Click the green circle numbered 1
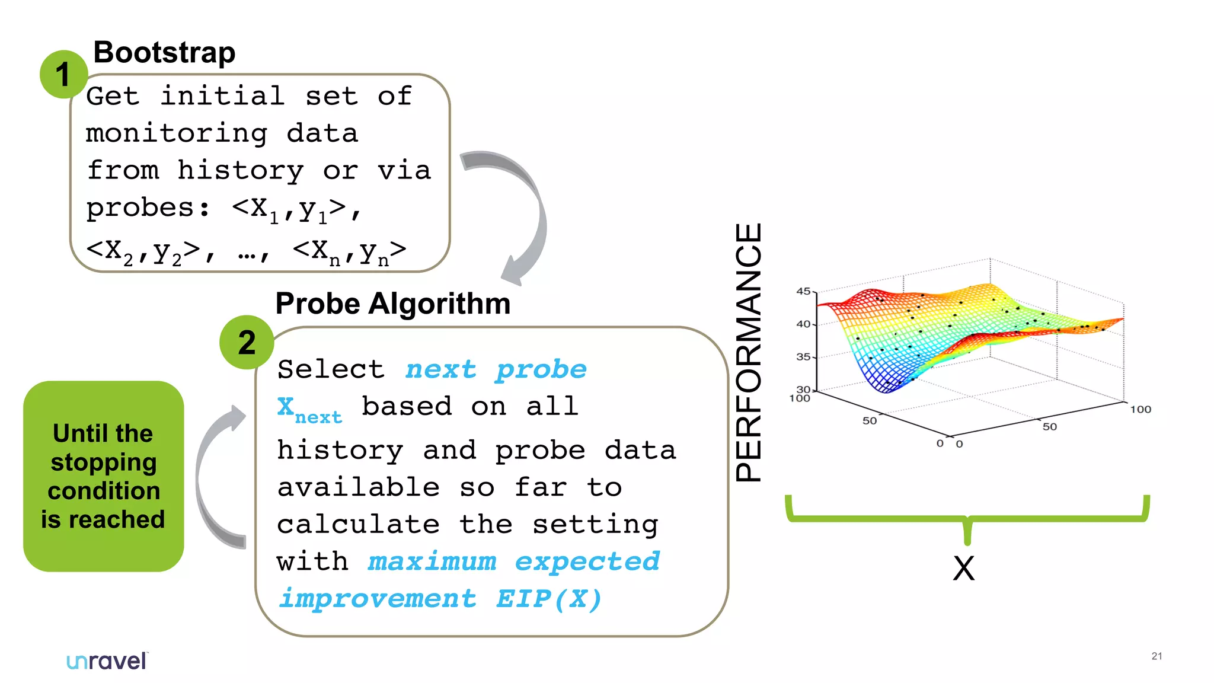coord(63,75)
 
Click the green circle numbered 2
coord(247,343)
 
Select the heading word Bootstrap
coord(164,52)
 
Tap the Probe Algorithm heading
coord(392,304)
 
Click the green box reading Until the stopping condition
coord(104,476)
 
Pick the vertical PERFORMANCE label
coord(748,352)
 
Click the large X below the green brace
coord(964,569)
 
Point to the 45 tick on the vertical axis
coord(803,291)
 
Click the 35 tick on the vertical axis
coord(803,356)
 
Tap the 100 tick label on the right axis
coord(1140,409)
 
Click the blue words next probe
coord(496,369)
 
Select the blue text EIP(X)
coord(549,599)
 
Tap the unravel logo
coord(107,660)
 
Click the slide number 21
coord(1157,656)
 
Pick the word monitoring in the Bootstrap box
coord(177,133)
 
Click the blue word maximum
coord(432,561)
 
